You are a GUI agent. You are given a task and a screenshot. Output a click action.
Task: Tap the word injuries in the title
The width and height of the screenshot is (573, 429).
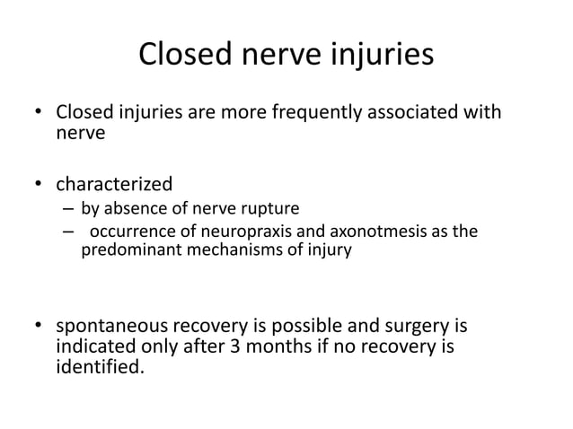[382, 55]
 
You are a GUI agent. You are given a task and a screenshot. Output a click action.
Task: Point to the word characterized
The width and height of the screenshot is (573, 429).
[114, 184]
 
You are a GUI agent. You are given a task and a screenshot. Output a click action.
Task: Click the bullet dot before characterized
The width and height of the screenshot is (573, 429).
[38, 185]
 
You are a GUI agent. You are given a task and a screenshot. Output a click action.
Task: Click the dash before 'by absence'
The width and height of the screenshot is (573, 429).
[68, 213]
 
